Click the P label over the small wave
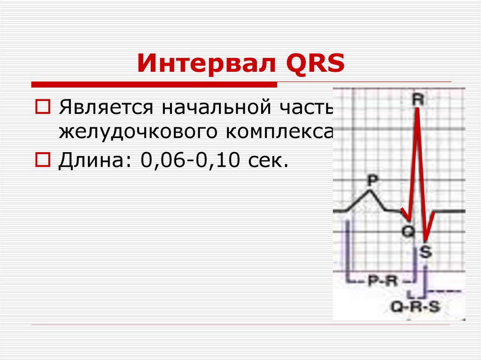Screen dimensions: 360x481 pyautogui.click(x=372, y=180)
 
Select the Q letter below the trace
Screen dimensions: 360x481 pyautogui.click(x=409, y=230)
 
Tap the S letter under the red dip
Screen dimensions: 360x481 pyautogui.click(x=425, y=253)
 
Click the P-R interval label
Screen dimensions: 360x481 pyautogui.click(x=382, y=281)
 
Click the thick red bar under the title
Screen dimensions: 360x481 pyautogui.click(x=154, y=84)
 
